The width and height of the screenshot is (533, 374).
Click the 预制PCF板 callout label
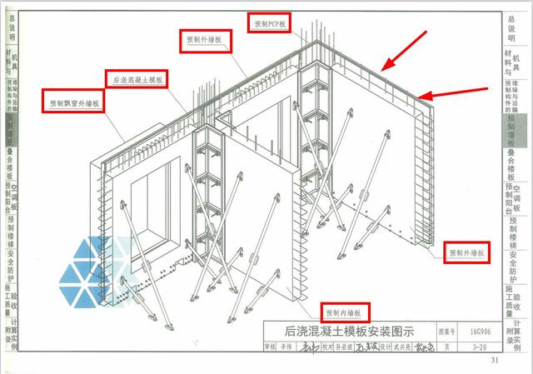(x=268, y=24)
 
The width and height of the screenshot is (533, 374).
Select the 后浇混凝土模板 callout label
(x=137, y=79)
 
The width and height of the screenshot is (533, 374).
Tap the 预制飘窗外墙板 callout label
(x=73, y=104)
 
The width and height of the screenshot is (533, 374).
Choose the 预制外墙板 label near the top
(x=205, y=39)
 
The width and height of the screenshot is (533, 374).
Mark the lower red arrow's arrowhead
(x=424, y=98)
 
